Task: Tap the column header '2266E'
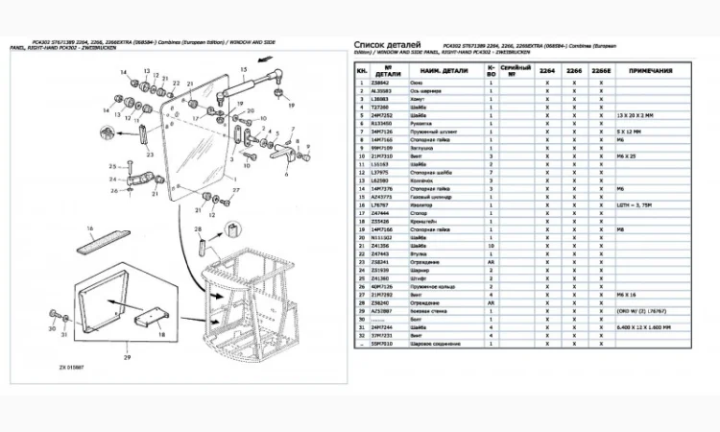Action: coord(601,72)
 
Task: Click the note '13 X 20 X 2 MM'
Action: coord(637,114)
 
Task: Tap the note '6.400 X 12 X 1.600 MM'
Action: coord(649,326)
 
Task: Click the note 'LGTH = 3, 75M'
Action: coord(635,204)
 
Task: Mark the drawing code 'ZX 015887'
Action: coord(72,367)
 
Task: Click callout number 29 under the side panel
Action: coord(124,356)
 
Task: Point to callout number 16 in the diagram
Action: coord(89,229)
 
